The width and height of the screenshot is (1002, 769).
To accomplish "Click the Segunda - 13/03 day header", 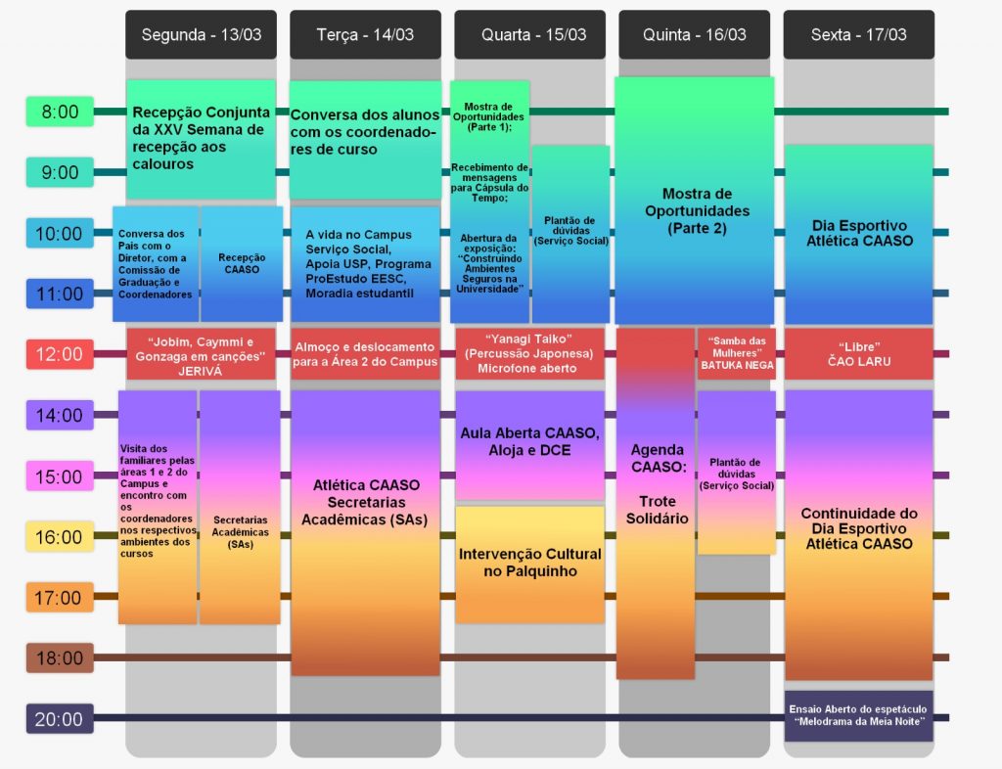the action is (x=202, y=34).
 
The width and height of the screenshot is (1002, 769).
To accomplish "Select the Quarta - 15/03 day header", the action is (x=529, y=34).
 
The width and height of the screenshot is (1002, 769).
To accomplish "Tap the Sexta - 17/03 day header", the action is (x=859, y=34).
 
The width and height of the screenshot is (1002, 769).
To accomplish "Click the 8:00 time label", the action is (x=60, y=112).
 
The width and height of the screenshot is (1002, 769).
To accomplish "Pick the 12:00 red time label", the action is (x=60, y=354).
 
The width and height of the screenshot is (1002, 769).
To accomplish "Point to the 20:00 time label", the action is (x=60, y=718).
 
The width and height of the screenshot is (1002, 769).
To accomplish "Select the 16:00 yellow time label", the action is (x=60, y=536).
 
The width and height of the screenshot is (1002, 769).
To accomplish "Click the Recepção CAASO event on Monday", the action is (x=242, y=264).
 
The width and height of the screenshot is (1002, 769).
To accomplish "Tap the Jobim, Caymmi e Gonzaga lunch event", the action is (x=201, y=354).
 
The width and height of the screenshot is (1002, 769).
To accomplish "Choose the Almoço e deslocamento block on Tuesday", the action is (x=366, y=354).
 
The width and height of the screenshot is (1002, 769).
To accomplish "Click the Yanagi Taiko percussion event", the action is (x=529, y=354).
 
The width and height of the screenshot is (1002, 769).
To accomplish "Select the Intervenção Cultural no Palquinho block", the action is (x=529, y=564).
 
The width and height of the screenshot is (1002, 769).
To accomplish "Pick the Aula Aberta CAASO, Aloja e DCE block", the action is (x=529, y=444).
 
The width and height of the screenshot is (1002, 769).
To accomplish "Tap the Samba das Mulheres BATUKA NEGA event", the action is (x=737, y=353).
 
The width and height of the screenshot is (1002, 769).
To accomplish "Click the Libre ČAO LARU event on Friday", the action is (x=859, y=354).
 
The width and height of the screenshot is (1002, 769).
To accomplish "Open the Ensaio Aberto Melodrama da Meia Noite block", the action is (x=859, y=715).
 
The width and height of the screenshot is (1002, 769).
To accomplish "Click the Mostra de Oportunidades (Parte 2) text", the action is (x=697, y=210).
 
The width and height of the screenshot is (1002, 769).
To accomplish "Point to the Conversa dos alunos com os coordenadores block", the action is (x=366, y=140).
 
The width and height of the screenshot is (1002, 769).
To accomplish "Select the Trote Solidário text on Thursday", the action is (x=657, y=510).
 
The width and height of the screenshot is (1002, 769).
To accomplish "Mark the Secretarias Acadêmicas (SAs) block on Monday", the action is (x=241, y=507).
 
